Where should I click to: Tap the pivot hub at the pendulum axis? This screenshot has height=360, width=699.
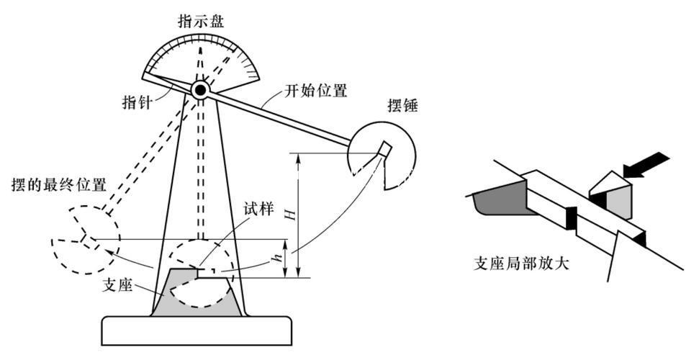tap(199, 89)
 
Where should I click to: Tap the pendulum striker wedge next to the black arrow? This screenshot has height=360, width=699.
tap(610, 195)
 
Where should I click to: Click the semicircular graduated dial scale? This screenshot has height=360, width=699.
tap(201, 55)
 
